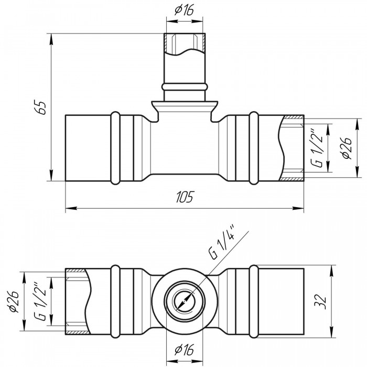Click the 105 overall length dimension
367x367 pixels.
pos(185,197)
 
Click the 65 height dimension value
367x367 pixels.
pos(43,107)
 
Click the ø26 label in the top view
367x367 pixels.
pos(346,148)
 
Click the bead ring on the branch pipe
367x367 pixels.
pos(183,85)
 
